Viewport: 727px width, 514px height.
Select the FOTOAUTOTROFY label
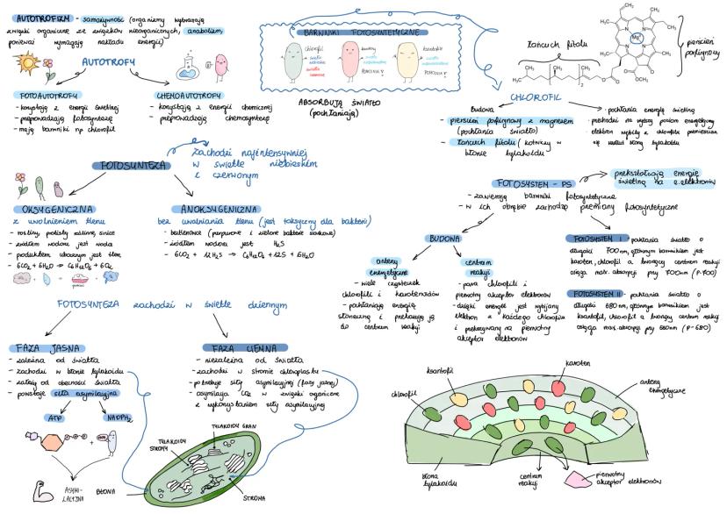(47, 94)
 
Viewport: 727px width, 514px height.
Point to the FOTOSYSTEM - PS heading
(536, 183)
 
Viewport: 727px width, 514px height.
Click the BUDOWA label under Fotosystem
(446, 239)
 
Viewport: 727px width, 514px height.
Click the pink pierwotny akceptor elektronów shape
(579, 479)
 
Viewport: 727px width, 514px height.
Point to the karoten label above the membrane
(576, 363)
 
